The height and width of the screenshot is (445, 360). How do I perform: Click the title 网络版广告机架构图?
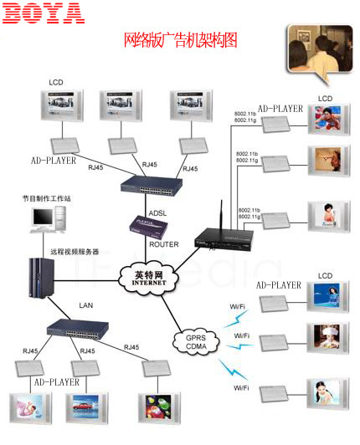coord(180,39)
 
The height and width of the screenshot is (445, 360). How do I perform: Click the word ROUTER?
coord(162,244)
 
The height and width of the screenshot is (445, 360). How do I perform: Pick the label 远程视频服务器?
coord(74,251)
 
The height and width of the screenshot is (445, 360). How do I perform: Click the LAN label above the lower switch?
coord(85,307)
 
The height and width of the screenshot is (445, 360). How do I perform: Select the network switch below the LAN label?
coord(80,328)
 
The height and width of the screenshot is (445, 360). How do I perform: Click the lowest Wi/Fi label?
coord(240,388)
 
